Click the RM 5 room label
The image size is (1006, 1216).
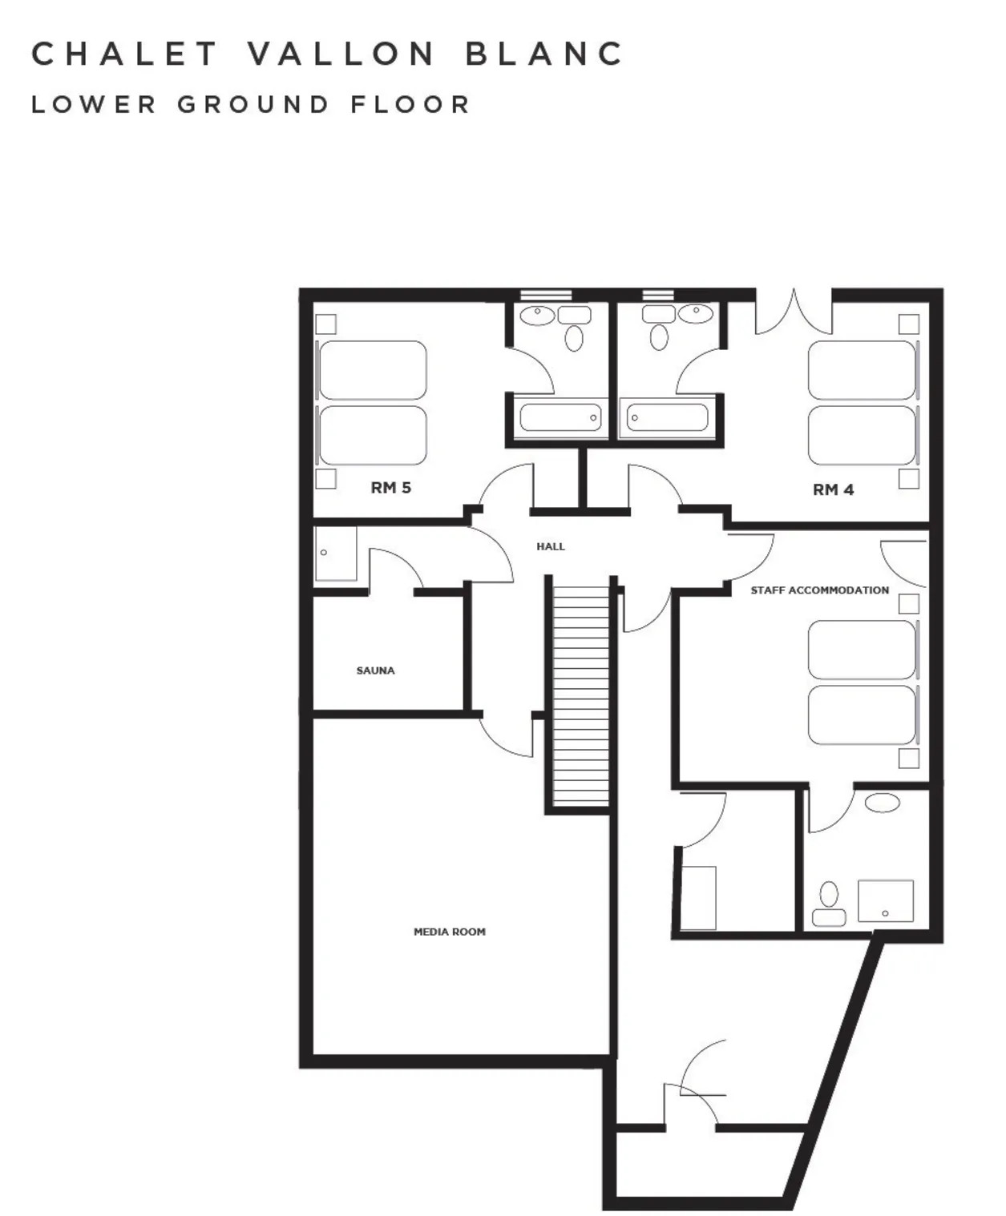pyautogui.click(x=390, y=487)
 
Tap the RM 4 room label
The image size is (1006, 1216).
pyautogui.click(x=833, y=489)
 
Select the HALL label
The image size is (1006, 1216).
pyautogui.click(x=551, y=546)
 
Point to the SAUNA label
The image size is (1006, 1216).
pyautogui.click(x=375, y=670)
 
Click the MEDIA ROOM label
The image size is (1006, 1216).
pyautogui.click(x=449, y=932)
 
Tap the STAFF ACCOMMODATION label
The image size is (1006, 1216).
pyautogui.click(x=819, y=590)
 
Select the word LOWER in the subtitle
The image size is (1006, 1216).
pyautogui.click(x=94, y=105)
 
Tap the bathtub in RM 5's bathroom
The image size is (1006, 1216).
pyautogui.click(x=560, y=417)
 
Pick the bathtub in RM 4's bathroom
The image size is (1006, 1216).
pyautogui.click(x=667, y=417)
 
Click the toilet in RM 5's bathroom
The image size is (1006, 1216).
pyautogui.click(x=574, y=337)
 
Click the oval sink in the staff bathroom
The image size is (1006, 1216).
pyautogui.click(x=882, y=803)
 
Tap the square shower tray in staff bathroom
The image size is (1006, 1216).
pyautogui.click(x=885, y=901)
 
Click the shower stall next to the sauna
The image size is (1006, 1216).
pyautogui.click(x=335, y=554)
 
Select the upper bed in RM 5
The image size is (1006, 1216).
pyautogui.click(x=373, y=370)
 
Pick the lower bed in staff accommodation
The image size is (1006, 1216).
pyautogui.click(x=862, y=715)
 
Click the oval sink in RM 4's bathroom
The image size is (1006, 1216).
pyautogui.click(x=695, y=313)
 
